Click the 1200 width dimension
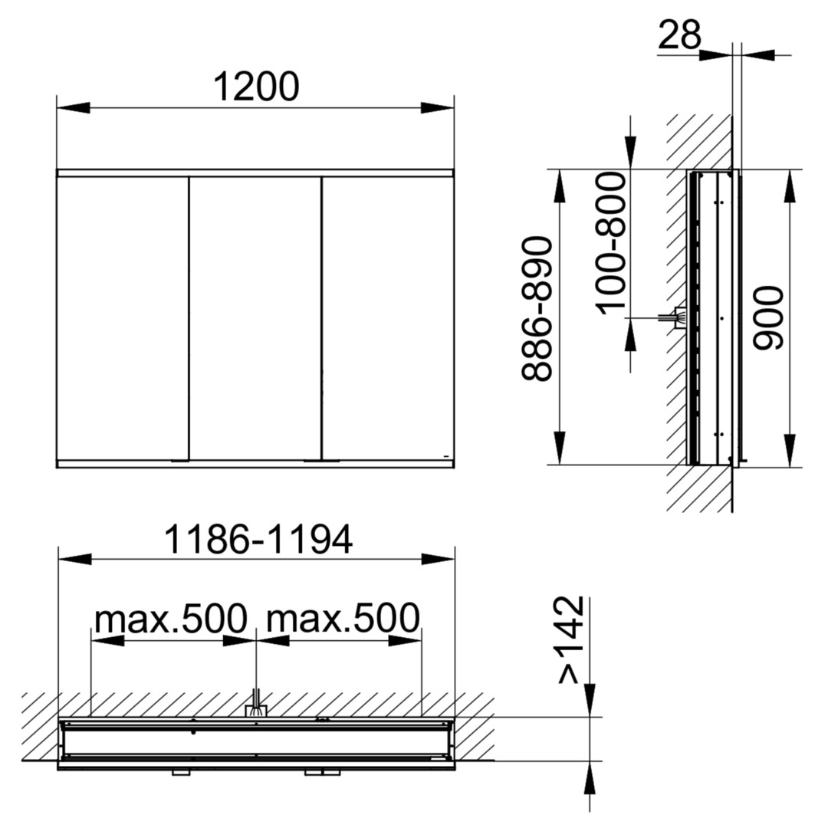[x=256, y=87]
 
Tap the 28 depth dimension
[x=679, y=34]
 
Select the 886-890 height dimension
[x=537, y=309]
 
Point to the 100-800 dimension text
[x=612, y=244]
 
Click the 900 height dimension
[x=767, y=318]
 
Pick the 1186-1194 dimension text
[x=258, y=539]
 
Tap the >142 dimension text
[x=571, y=640]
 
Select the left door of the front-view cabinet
[x=123, y=318]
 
